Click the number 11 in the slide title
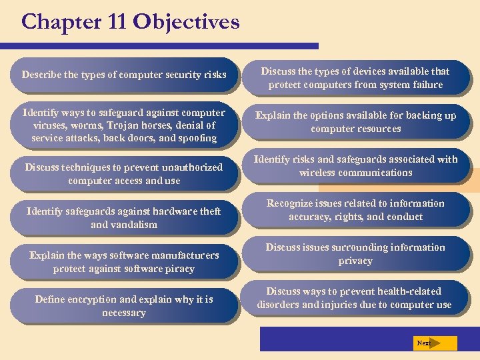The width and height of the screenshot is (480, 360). pos(113,22)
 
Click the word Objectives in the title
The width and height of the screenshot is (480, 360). pos(186,22)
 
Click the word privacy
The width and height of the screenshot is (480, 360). pos(355,261)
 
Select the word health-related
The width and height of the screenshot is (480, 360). pos(409,291)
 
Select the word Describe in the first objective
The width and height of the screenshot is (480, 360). pos(41,75)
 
